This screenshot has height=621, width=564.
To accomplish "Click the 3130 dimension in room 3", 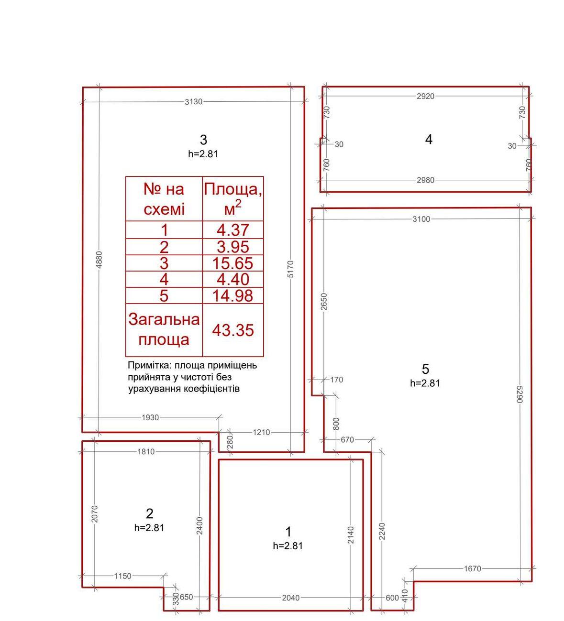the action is coord(193,101).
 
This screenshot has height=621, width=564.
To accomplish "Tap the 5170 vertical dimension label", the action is coord(290,269).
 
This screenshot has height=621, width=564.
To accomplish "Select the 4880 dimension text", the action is coord(99,260).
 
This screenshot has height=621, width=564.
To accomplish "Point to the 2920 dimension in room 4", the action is coord(425,96).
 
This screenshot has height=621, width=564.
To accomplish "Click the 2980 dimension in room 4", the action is coord(425,180).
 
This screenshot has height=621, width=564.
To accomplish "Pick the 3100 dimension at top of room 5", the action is coord(421,219).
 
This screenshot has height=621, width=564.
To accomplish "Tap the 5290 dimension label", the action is coord(520,394).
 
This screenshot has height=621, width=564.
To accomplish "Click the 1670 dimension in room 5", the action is coord(473,569).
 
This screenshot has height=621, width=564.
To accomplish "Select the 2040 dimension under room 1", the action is coord(291,598).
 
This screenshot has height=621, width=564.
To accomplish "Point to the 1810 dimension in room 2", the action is coord(146,452).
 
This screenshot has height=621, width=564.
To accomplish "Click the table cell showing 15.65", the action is coord(232,263).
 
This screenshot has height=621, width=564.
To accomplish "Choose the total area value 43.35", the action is coord(232,330).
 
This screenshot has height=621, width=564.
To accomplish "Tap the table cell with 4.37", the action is coord(232,229).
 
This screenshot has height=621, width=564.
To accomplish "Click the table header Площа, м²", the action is coord(232,198).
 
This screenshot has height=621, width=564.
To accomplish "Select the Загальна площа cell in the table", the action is coord(164,330).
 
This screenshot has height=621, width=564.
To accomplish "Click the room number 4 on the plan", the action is coord(429,140).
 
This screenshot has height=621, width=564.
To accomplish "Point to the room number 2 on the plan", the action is coord(149,514).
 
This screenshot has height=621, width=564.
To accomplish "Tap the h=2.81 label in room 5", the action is coord(425,383).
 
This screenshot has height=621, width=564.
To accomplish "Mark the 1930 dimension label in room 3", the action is coord(150,418).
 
